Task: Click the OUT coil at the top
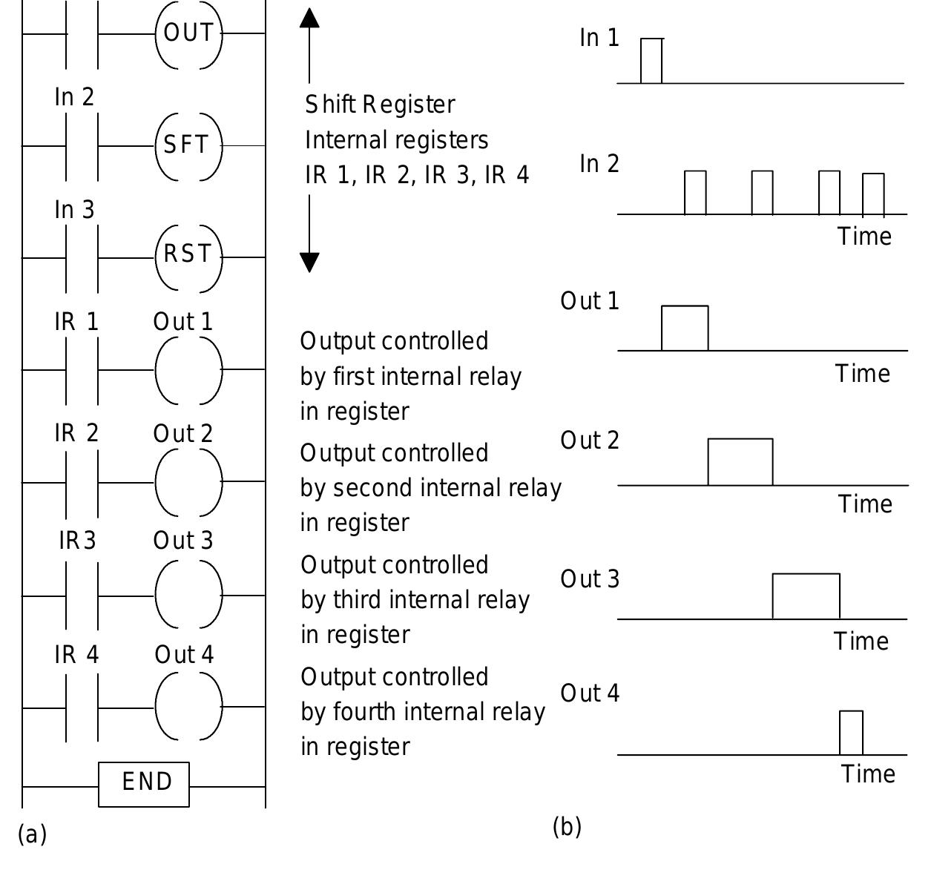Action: click(x=188, y=33)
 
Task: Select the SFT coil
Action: click(x=188, y=145)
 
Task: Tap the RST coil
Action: click(x=188, y=255)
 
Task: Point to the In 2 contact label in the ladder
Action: click(x=74, y=97)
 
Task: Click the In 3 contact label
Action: click(x=74, y=210)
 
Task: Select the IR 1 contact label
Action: click(x=76, y=322)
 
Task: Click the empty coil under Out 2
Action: click(x=188, y=482)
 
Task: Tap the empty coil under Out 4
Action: click(x=188, y=707)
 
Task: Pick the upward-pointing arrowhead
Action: click(x=309, y=18)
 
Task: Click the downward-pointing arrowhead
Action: click(x=309, y=262)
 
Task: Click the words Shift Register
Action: click(x=380, y=105)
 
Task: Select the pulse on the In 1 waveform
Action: click(x=651, y=61)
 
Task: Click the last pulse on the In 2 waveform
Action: click(x=873, y=194)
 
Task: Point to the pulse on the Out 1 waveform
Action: click(x=685, y=328)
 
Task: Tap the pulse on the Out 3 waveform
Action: click(x=806, y=596)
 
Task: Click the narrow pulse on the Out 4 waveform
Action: click(x=851, y=733)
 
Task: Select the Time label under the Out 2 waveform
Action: click(x=865, y=504)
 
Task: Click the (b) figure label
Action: click(x=567, y=826)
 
